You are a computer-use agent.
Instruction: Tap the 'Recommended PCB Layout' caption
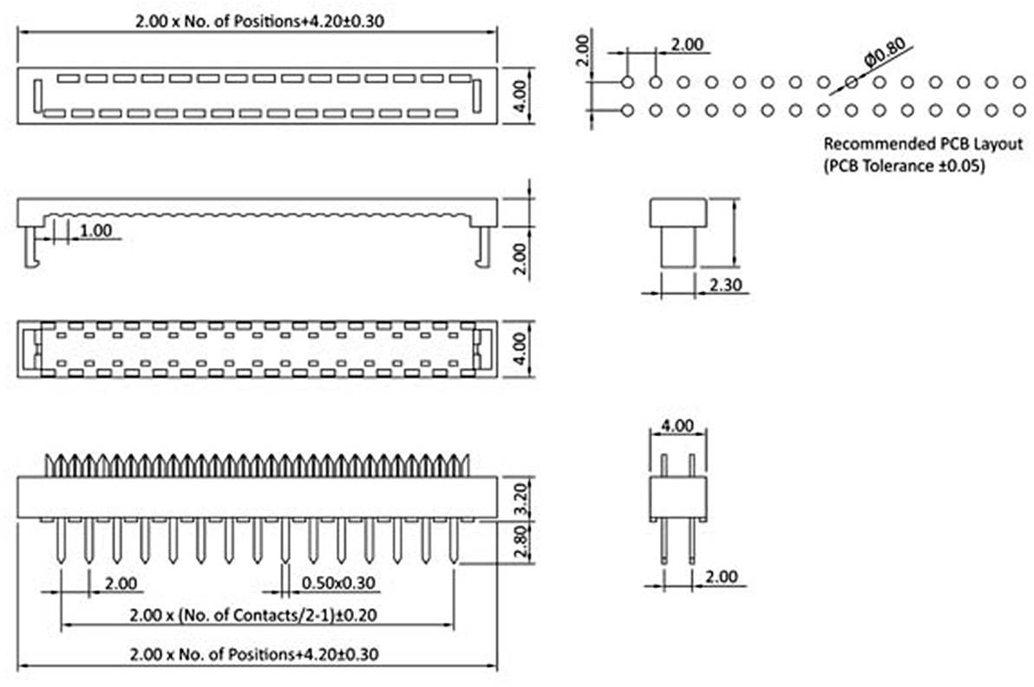923,143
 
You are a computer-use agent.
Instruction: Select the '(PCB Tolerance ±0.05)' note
904,165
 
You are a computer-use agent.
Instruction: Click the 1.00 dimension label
95,230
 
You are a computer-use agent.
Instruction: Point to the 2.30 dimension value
725,285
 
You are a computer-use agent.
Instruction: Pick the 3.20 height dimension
521,499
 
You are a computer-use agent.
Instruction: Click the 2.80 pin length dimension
521,541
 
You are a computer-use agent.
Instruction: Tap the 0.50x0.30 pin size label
338,583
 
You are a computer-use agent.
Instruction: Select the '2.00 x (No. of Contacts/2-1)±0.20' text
253,615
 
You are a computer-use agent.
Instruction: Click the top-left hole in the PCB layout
627,82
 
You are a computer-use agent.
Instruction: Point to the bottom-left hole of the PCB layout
627,110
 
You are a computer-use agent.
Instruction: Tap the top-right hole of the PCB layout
1019,82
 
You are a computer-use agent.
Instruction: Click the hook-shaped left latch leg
31,246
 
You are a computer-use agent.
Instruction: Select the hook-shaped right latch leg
484,246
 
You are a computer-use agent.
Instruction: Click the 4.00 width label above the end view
677,425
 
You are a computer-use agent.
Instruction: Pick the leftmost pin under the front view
61,540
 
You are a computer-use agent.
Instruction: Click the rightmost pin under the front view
454,540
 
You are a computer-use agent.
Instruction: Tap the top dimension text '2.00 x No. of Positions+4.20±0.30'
260,21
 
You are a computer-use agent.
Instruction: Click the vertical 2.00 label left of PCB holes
581,50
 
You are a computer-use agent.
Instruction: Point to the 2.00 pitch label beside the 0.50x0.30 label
121,583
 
